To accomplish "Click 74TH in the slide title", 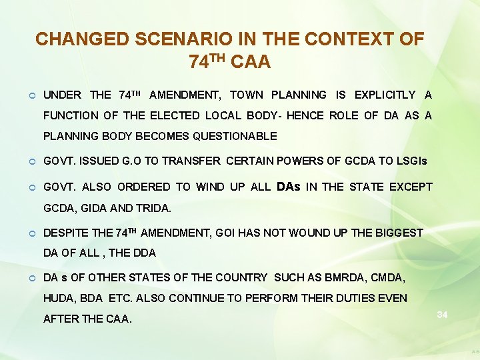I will (x=209, y=62).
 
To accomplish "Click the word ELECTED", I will (x=173, y=115).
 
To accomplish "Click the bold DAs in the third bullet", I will (x=288, y=187).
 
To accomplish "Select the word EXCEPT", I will (x=409, y=187).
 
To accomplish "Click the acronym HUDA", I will (x=57, y=298).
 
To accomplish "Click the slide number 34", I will (x=442, y=314).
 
